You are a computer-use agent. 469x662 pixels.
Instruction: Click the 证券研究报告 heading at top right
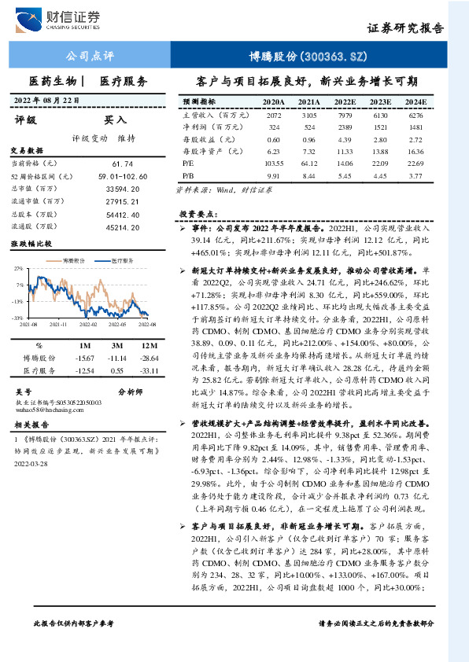405,28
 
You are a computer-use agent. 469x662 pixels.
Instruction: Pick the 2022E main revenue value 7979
343,115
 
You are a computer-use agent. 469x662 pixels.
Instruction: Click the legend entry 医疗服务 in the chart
119,259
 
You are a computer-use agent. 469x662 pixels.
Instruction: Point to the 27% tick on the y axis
18,269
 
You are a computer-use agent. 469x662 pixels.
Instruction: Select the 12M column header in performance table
147,345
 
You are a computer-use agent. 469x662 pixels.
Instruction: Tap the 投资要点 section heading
198,214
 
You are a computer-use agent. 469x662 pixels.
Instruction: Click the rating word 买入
116,120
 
